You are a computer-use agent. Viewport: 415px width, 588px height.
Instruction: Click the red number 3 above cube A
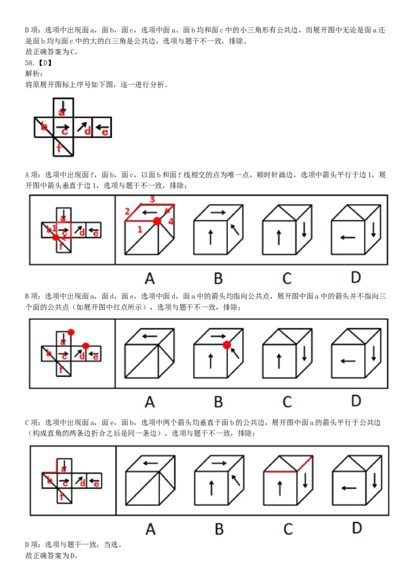coord(152,199)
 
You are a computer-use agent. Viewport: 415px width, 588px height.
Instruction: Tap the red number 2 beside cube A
coord(127,211)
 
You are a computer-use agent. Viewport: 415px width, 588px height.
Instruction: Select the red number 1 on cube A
coord(140,229)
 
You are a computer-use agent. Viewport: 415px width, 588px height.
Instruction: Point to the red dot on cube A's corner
coord(157,222)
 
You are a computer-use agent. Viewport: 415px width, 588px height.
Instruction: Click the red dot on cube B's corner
coord(227,344)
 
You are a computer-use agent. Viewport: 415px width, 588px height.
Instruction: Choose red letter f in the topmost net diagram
coord(60,148)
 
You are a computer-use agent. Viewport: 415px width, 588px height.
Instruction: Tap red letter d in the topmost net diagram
coord(87,131)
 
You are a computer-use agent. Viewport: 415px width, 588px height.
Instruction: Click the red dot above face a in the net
coord(71,332)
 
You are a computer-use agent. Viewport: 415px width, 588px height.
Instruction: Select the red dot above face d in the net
coord(86,345)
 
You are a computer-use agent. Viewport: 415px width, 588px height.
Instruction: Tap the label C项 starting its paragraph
coord(32,423)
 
